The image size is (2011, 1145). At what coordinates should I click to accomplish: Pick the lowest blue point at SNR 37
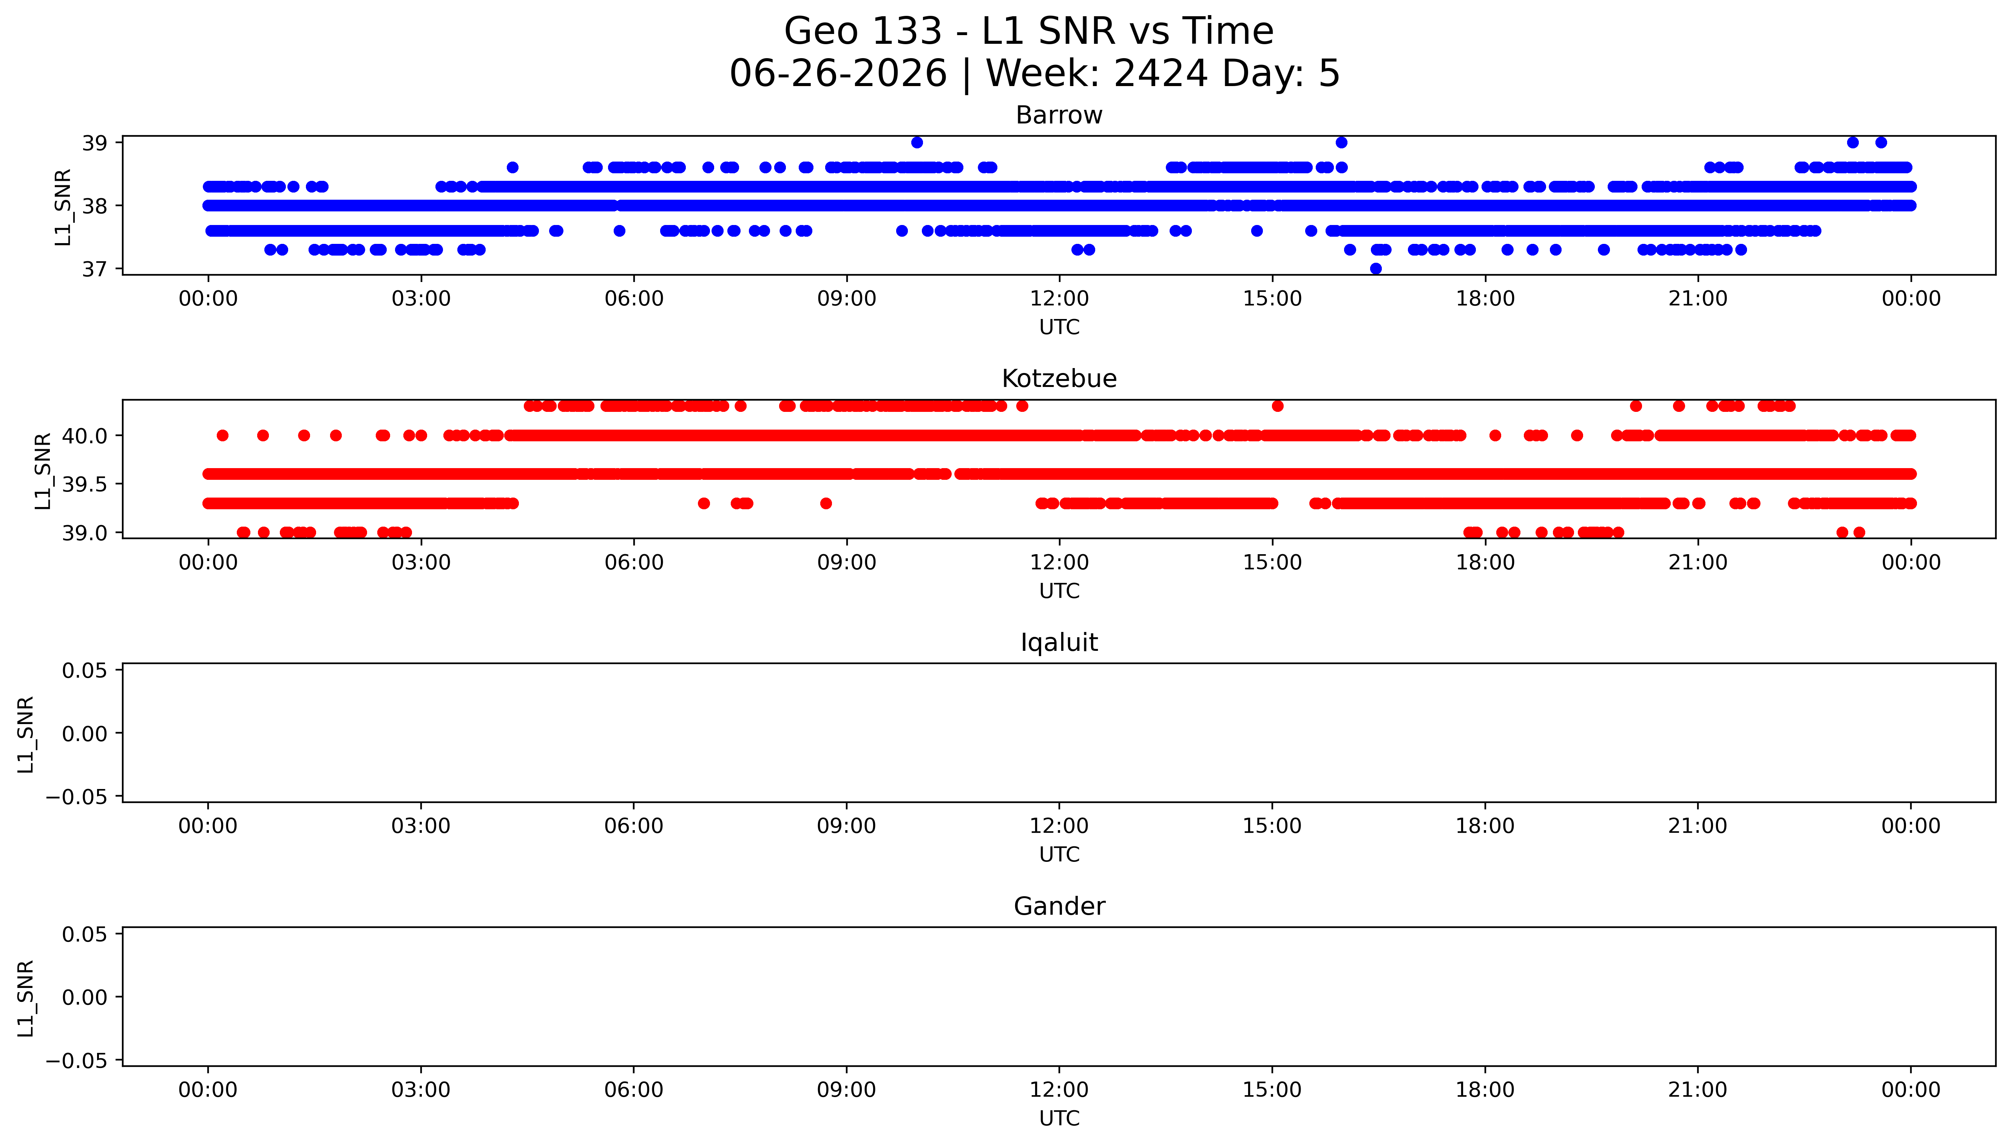1375,268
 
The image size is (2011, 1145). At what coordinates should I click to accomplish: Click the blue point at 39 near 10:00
917,142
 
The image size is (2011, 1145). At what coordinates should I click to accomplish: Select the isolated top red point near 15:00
1277,406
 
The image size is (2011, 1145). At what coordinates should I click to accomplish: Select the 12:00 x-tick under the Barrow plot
1059,299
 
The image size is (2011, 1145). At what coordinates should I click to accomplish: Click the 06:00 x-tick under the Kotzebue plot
634,562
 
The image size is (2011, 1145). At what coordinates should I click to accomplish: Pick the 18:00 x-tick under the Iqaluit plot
1485,826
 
